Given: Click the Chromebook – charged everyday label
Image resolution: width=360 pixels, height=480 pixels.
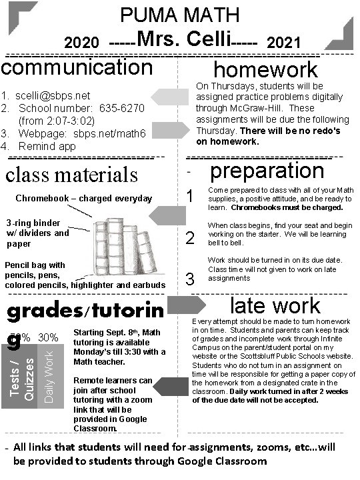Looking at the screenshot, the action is pos(84,198).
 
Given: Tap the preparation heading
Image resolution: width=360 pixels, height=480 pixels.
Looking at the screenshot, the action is pos(267,170).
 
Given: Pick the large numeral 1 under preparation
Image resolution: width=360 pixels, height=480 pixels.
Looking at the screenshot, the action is pos(191,197).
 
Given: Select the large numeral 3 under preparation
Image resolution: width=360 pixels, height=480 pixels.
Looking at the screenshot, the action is pos(190,279).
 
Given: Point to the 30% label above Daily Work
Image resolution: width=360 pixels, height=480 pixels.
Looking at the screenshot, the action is pos(47,338).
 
